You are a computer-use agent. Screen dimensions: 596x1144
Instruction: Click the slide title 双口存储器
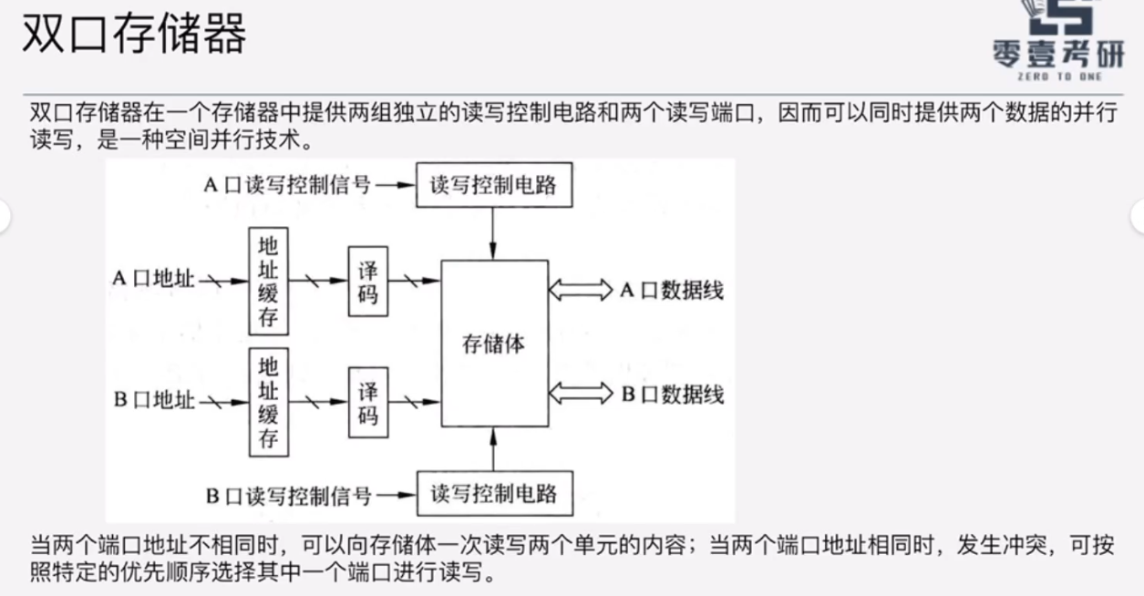134,36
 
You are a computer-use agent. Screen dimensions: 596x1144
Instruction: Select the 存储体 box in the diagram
495,344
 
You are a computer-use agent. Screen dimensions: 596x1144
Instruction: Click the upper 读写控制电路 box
493,185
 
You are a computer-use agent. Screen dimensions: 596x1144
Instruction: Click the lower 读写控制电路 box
493,495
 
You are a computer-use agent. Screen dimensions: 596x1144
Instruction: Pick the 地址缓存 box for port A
268,281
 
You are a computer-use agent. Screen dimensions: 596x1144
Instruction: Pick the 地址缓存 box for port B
268,404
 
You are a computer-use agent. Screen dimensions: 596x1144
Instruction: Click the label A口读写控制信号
286,185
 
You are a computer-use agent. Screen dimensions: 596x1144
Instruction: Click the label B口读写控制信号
287,496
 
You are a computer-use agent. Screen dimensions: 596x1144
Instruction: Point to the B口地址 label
154,400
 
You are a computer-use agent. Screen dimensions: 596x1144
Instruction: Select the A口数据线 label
672,291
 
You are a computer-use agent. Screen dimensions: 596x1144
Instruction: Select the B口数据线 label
672,395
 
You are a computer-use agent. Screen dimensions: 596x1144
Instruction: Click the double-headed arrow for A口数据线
581,291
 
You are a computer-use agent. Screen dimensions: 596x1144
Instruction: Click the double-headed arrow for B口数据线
581,394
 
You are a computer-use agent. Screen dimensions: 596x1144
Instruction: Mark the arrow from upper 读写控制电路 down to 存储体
493,233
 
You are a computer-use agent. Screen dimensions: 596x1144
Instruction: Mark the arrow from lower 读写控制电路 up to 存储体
493,448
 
